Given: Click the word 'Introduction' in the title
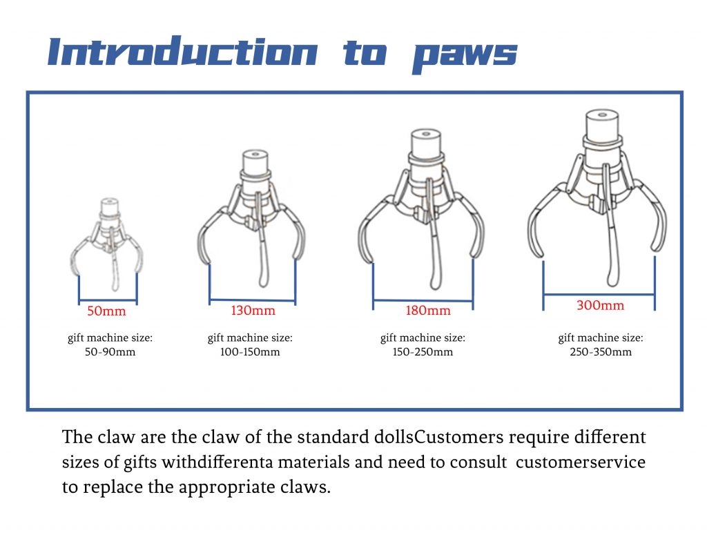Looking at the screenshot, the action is coord(182,51).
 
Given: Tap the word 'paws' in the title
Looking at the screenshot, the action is coord(465,56).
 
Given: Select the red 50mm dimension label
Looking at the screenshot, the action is coord(106,311).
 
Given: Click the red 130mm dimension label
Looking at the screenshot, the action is coord(253,310).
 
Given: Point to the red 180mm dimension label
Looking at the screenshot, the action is coord(428,310).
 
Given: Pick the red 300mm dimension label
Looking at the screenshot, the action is coord(600,305).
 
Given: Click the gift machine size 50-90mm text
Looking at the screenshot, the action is coord(110,344).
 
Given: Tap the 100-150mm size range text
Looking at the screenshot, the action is coord(250,352).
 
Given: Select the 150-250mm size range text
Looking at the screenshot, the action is coord(423,352).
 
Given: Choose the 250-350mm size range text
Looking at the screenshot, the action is coord(601,352).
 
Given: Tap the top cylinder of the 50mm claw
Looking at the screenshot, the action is coord(110,207).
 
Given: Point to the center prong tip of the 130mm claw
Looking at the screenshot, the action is coord(264,282).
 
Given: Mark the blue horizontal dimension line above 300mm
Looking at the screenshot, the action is coord(599,295).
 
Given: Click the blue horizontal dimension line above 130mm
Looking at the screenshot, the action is coord(253,300).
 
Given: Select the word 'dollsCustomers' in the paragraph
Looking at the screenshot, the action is coord(438,438).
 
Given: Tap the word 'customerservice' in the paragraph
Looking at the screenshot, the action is coord(581,462).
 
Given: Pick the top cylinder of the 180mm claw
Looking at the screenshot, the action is coord(425,143).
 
